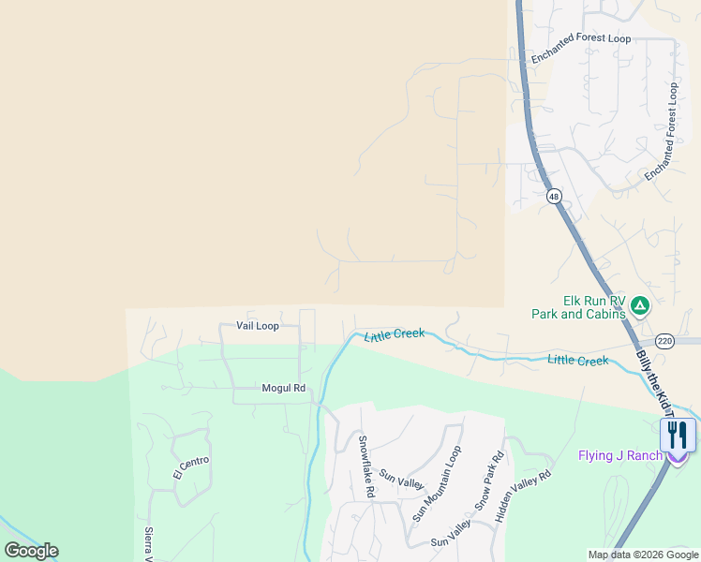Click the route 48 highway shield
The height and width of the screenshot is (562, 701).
pyautogui.click(x=554, y=196)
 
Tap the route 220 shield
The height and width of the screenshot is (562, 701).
pyautogui.click(x=664, y=340)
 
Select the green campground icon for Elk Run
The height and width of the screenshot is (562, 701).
pyautogui.click(x=639, y=304)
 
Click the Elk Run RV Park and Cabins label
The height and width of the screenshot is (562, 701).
pyautogui.click(x=580, y=307)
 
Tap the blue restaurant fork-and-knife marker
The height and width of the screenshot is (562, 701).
pyautogui.click(x=677, y=436)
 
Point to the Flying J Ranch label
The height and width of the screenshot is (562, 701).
pyautogui.click(x=619, y=457)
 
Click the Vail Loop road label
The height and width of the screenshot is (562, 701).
pyautogui.click(x=258, y=326)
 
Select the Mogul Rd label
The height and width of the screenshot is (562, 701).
pyautogui.click(x=284, y=388)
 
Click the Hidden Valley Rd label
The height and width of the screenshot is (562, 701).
pyautogui.click(x=525, y=495)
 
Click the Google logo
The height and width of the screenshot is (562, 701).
pyautogui.click(x=31, y=551)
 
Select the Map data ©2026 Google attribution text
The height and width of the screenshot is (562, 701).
pyautogui.click(x=643, y=555)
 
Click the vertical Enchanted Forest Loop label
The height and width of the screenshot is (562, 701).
pyautogui.click(x=661, y=132)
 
